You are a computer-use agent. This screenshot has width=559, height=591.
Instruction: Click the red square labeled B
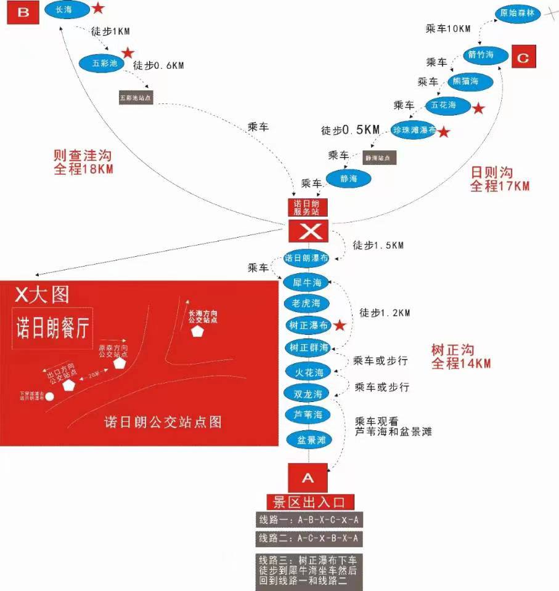pyautogui.click(x=23, y=12)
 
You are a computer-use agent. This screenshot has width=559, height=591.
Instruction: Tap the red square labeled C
pyautogui.click(x=523, y=58)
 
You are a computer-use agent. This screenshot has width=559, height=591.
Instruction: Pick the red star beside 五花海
pyautogui.click(x=478, y=108)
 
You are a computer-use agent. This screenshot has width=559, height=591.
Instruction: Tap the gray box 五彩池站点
pyautogui.click(x=136, y=97)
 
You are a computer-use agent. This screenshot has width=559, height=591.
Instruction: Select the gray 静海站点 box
pyautogui.click(x=379, y=158)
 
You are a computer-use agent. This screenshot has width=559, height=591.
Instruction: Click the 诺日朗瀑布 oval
pyautogui.click(x=306, y=258)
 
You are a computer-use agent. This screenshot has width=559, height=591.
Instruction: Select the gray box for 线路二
pyautogui.click(x=309, y=539)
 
